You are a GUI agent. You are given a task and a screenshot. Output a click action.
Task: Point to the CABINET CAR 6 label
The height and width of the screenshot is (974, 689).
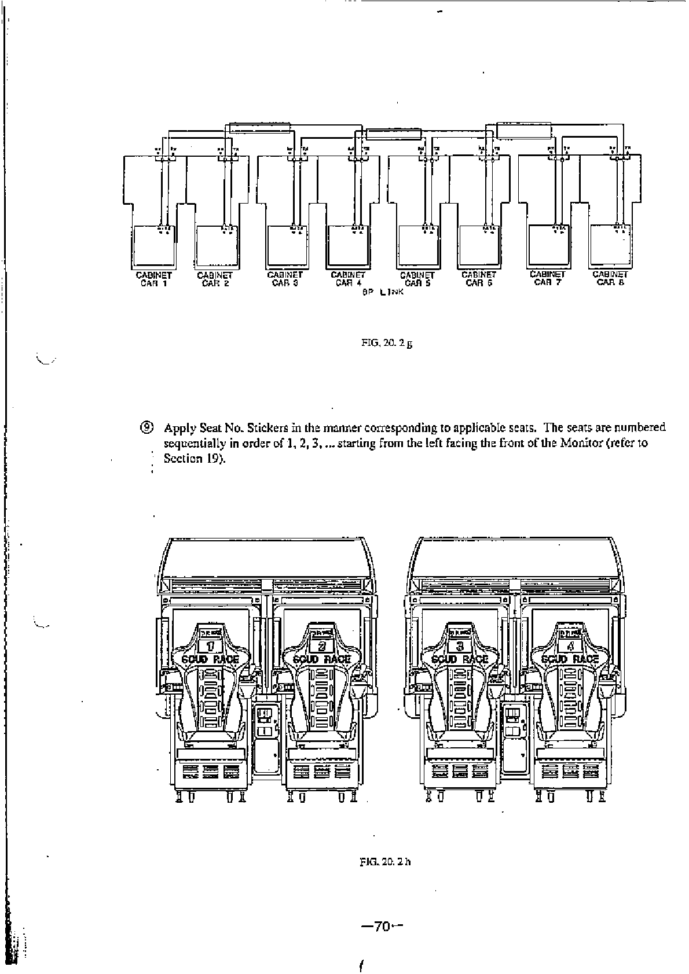(x=478, y=279)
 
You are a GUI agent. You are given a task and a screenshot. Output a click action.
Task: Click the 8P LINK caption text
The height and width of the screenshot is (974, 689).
(x=382, y=293)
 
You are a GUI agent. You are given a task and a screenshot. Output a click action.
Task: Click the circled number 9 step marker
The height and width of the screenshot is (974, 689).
(x=148, y=428)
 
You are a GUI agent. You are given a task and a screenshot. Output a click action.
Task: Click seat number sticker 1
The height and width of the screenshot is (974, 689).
(x=211, y=645)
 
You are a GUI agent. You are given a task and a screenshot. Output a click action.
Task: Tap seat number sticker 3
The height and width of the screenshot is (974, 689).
(x=460, y=645)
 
